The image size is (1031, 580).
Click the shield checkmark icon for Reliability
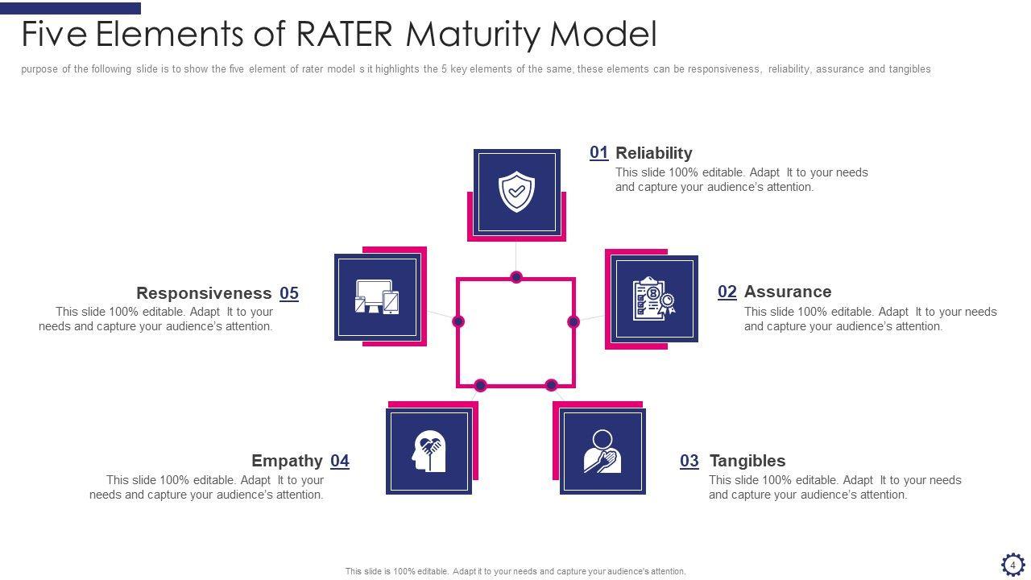pos(516,192)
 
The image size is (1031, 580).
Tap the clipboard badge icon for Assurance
pos(653,299)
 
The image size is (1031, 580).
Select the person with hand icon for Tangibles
pos(602,451)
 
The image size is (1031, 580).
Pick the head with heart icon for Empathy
pos(429,451)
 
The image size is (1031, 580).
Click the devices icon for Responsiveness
pos(377,296)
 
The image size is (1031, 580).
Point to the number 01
pos(598,152)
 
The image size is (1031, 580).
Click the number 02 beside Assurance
pos(727,292)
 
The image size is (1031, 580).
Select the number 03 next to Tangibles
pos(689,461)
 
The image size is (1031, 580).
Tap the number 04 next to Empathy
pos(340,461)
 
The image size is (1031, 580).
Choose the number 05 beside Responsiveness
pos(289,293)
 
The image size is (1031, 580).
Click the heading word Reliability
pos(653,153)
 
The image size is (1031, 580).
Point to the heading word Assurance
pos(787,292)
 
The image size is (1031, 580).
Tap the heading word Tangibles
pos(747,461)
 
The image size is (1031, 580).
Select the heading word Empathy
pos(287,461)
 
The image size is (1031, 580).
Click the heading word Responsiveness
pos(204,293)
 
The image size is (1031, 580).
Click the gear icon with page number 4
pos(1012,564)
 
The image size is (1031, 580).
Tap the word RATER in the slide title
pos(345,35)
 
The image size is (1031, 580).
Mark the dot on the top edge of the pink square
pos(516,277)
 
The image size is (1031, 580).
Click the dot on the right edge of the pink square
pos(573,321)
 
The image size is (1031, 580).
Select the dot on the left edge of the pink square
pos(458,321)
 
